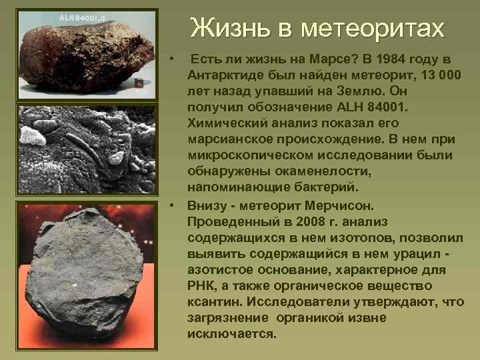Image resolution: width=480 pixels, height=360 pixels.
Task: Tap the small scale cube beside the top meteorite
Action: coord(139,85)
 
